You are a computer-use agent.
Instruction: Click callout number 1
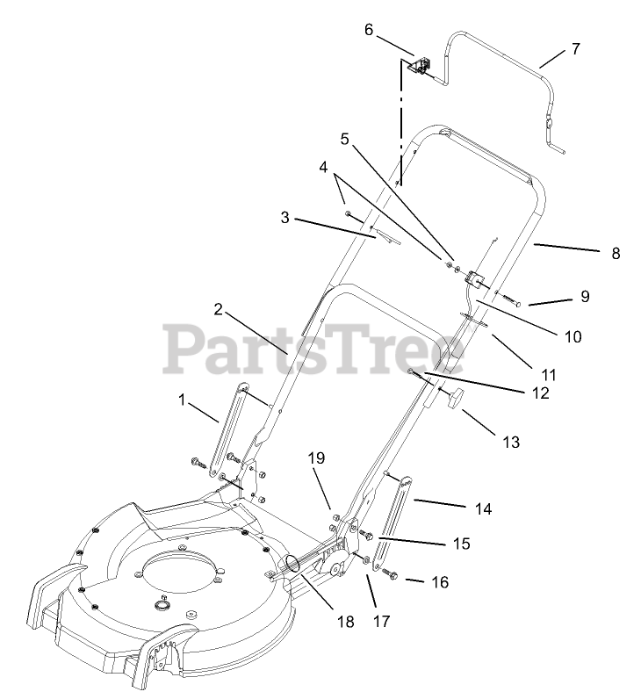[182, 400]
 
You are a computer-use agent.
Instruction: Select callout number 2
[217, 308]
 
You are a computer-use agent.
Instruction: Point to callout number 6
[369, 30]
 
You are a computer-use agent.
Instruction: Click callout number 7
[575, 49]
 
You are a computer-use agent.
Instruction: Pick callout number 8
[615, 254]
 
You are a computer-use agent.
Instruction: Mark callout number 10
[572, 335]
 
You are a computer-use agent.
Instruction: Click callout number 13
[510, 442]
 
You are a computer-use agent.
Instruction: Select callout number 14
[483, 508]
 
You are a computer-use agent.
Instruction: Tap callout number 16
[440, 582]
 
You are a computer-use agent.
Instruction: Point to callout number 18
[345, 622]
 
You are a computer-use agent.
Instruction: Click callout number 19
[316, 458]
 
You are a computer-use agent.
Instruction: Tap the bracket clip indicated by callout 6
[422, 65]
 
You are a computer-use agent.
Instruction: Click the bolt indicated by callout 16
[392, 576]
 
